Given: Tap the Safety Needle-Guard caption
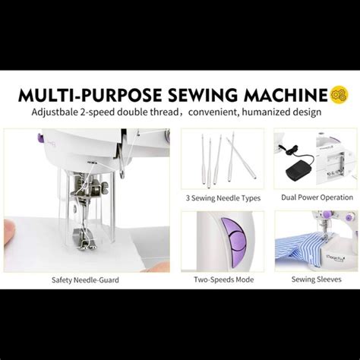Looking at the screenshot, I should click(x=85, y=279).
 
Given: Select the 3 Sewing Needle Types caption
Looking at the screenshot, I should click(x=223, y=198).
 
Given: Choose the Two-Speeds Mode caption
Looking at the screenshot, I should click(x=223, y=279).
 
